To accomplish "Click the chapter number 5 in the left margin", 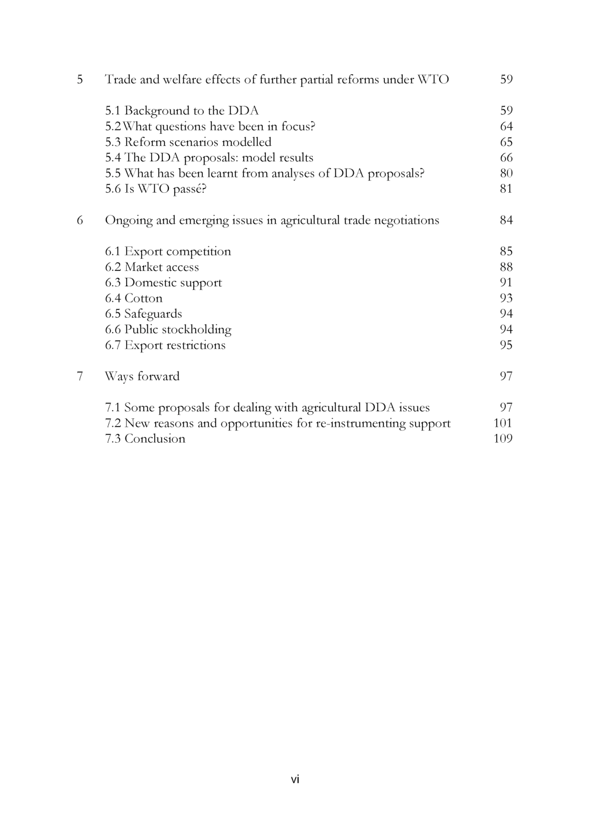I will click(x=80, y=80).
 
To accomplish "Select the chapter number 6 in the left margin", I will click(x=80, y=221).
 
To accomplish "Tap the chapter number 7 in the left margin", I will click(x=80, y=377).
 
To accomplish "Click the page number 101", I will click(x=503, y=424).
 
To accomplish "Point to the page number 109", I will click(x=503, y=439).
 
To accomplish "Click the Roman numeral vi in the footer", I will click(x=295, y=780).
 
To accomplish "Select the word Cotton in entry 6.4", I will click(x=143, y=299).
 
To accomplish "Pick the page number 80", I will click(x=506, y=174).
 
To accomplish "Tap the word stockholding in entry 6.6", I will click(x=196, y=330).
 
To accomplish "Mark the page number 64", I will click(x=506, y=127).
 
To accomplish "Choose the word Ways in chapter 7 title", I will click(x=118, y=377).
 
